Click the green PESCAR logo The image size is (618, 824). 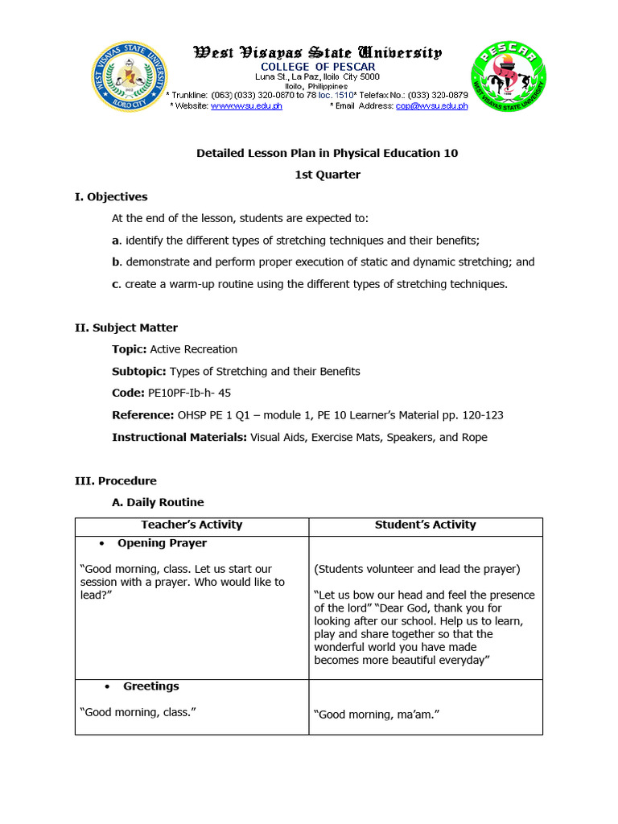508,77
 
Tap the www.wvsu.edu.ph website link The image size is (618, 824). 246,106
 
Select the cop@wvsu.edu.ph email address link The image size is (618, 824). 431,106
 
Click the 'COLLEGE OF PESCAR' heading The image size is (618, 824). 317,66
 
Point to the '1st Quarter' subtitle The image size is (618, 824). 327,175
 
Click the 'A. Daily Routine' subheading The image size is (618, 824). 158,502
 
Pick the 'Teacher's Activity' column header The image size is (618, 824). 192,525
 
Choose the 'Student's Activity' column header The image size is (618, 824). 425,525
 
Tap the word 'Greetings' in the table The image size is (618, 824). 150,686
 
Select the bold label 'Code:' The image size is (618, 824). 128,393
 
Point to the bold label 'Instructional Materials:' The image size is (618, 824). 179,437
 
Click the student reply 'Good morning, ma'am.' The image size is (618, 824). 377,714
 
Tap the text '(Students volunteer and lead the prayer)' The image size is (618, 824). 417,569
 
